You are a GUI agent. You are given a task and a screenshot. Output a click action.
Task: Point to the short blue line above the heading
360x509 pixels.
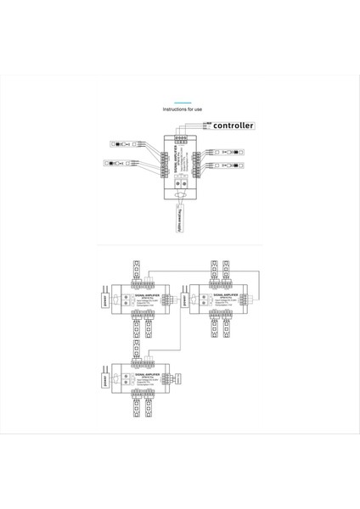180,99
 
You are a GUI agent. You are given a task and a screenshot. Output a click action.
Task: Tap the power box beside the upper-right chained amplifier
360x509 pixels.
179,299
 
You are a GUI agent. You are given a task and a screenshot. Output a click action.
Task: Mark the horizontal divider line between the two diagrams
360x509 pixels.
180,247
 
